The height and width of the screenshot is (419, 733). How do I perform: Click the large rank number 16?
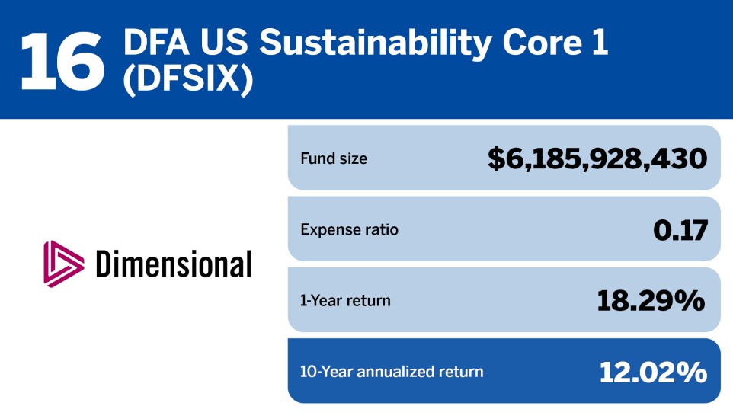[62, 59]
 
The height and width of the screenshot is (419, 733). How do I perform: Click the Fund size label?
[333, 159]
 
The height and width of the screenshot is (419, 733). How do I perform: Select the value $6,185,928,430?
[597, 158]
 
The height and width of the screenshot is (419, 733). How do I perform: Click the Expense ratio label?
[349, 229]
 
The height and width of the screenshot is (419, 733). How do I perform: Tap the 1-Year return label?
[345, 300]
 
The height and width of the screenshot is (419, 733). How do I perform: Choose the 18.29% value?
[651, 300]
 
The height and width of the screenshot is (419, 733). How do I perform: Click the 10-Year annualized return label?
[392, 372]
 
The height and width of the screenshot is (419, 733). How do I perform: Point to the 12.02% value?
[652, 372]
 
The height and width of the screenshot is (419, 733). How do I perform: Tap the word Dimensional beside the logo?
[174, 264]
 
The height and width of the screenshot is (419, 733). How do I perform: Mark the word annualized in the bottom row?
[403, 372]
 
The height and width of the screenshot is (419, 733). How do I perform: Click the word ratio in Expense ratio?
[381, 229]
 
